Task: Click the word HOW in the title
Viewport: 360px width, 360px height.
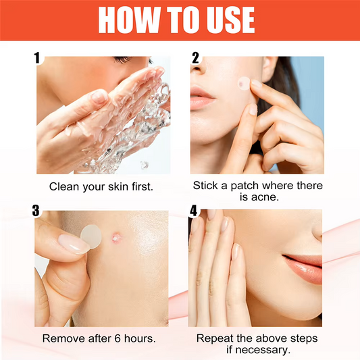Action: tap(129, 20)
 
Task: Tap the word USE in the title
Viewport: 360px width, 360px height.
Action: tap(231, 20)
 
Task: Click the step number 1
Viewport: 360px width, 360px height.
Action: tap(37, 58)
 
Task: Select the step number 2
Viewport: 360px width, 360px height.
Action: tap(195, 58)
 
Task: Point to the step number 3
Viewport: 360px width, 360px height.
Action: tap(36, 211)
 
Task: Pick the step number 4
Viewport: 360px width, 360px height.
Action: tap(193, 211)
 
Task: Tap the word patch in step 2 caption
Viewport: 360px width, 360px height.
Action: tap(245, 186)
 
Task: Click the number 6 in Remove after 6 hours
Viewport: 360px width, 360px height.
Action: tap(118, 338)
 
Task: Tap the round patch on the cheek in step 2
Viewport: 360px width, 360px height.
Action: tap(244, 84)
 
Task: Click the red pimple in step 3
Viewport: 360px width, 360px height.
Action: tap(116, 238)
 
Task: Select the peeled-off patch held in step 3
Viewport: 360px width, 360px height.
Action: tap(91, 236)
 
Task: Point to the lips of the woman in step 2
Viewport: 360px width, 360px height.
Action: tap(201, 97)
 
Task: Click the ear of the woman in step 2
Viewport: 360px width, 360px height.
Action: tap(270, 68)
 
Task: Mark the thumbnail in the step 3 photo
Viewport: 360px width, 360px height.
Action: tap(74, 244)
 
